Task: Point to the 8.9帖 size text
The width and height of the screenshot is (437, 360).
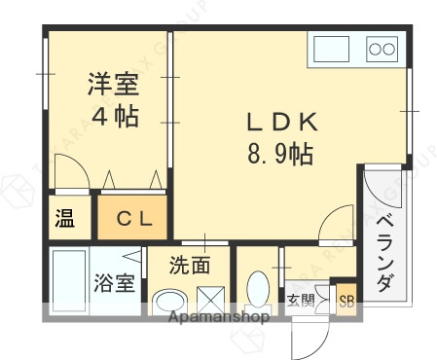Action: pyautogui.click(x=280, y=153)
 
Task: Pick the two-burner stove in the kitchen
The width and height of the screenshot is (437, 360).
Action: pyautogui.click(x=382, y=48)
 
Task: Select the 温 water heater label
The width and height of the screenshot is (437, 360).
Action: pyautogui.click(x=64, y=219)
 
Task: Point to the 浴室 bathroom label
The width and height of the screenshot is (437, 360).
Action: pyautogui.click(x=114, y=283)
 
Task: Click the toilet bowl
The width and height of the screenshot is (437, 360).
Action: pyautogui.click(x=258, y=289)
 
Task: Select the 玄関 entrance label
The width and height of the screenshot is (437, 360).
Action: pyautogui.click(x=300, y=299)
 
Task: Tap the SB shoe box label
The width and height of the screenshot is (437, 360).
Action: pyautogui.click(x=346, y=300)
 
